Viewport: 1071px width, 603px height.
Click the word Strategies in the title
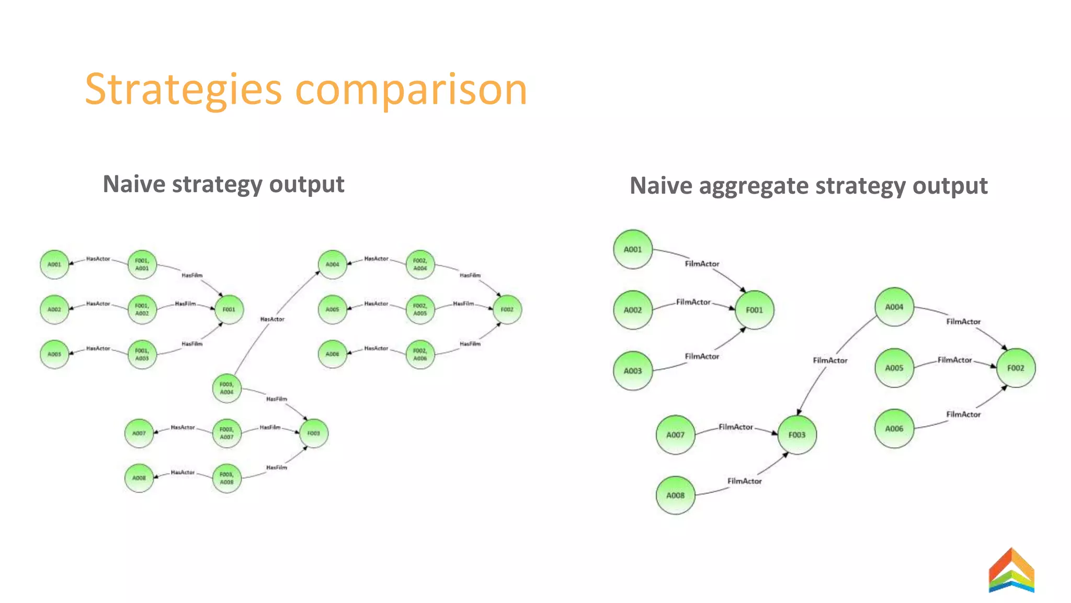(x=183, y=90)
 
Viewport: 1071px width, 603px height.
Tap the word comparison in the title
(x=411, y=90)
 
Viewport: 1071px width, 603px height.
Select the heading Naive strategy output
(x=223, y=184)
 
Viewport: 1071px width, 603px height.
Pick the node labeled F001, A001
(x=142, y=264)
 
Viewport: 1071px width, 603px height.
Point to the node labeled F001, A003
(x=142, y=354)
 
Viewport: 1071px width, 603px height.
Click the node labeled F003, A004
(x=227, y=388)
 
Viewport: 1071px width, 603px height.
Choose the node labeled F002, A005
(x=420, y=309)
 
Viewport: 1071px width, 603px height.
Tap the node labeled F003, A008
(x=227, y=478)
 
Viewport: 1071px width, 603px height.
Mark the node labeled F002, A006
(x=420, y=354)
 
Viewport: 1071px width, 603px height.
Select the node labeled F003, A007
(x=227, y=433)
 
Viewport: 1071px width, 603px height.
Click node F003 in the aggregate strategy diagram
(x=797, y=435)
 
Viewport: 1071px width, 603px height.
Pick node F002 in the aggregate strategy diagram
(x=1016, y=368)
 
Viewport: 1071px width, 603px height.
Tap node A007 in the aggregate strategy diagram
(x=675, y=435)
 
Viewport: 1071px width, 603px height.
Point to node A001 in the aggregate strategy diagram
(x=633, y=250)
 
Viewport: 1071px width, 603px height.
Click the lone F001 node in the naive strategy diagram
(x=229, y=309)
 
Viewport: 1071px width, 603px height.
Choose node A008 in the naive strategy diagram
(x=139, y=478)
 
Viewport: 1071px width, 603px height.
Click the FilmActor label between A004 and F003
(x=830, y=361)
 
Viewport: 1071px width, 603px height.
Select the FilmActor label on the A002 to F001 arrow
(x=693, y=302)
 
